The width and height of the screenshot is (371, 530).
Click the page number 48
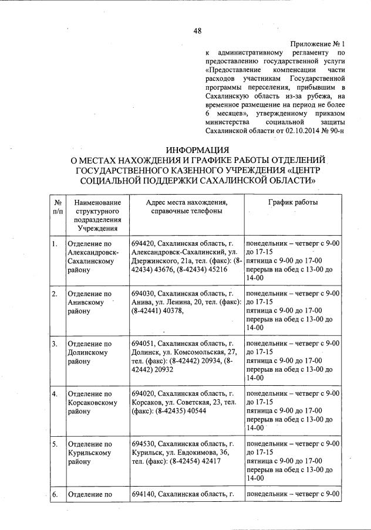tap(198, 31)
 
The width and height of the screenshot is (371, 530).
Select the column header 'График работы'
tap(294, 202)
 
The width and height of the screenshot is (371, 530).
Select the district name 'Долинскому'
tap(89, 352)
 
